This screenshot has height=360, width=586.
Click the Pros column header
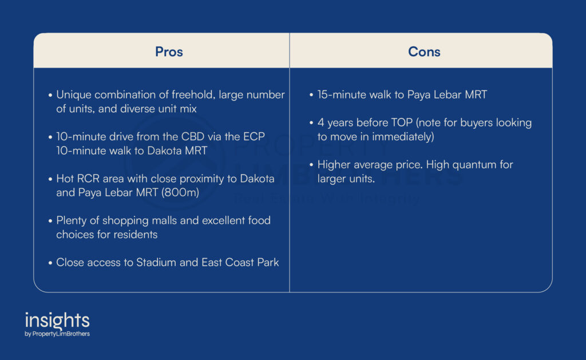(x=169, y=52)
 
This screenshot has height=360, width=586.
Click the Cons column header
(x=424, y=52)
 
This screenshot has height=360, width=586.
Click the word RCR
(x=89, y=179)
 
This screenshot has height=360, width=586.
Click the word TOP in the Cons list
(x=402, y=122)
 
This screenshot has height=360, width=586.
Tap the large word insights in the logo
(x=57, y=321)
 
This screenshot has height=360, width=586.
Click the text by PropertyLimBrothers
(x=57, y=334)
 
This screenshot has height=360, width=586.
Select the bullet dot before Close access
(x=50, y=263)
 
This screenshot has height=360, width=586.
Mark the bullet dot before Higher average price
(x=311, y=165)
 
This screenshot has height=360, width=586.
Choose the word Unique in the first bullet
(x=74, y=95)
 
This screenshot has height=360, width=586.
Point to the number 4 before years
(x=320, y=122)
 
